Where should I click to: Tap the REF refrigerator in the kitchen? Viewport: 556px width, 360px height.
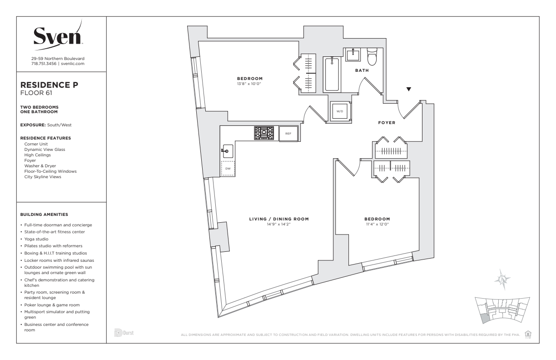pos(288,134)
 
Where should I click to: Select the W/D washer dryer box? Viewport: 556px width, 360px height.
pos(340,111)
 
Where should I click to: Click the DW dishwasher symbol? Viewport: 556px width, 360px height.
pos(228,169)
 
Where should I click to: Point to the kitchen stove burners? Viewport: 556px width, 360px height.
pos(264,133)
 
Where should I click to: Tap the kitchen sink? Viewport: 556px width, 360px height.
pos(228,151)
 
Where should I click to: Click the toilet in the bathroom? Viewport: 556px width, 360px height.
pos(372,56)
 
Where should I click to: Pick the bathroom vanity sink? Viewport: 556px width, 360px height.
pos(353,55)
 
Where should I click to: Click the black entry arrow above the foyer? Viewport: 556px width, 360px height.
pos(409,89)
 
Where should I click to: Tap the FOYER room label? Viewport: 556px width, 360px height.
pos(387,123)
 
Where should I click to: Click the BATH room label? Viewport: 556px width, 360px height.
pos(362,70)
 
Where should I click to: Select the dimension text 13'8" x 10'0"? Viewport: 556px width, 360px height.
pos(249,84)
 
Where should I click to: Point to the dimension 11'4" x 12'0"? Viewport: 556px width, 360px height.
pos(377,224)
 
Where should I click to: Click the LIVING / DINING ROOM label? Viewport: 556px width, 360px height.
pos(279,219)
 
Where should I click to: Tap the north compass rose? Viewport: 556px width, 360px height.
pos(502,280)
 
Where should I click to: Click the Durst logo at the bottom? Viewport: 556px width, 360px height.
pos(124,333)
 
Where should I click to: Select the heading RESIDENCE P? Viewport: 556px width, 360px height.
pos(49,85)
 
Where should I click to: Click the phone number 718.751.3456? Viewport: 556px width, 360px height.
pos(44,64)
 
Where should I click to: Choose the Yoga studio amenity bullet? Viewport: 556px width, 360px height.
pos(36,239)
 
